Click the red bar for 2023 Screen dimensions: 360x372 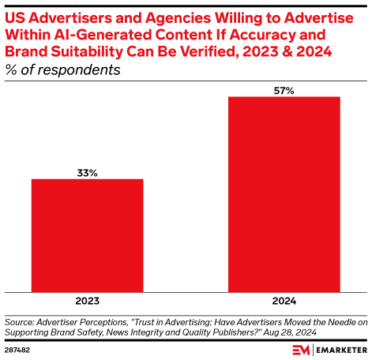pos(87,235)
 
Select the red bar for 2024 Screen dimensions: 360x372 pos(284,194)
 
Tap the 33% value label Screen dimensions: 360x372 pos(87,171)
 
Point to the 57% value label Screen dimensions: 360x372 pos(284,90)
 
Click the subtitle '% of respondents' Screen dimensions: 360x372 pos(62,69)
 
